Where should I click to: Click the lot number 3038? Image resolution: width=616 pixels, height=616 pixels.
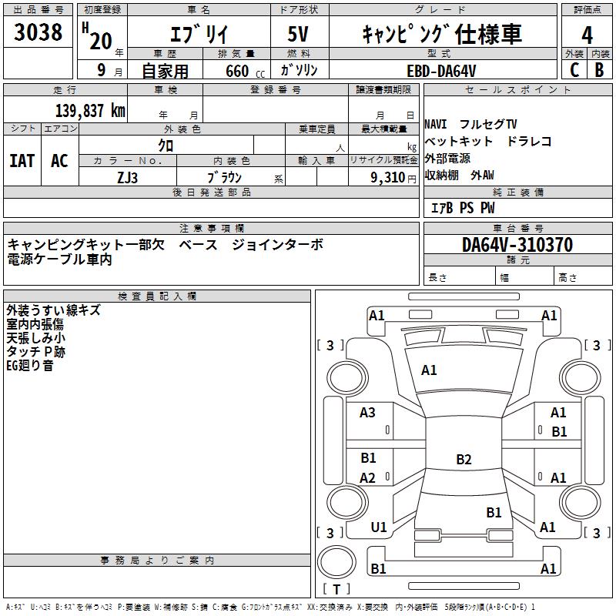[38, 33]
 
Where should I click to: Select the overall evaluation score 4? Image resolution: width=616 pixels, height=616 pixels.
[588, 35]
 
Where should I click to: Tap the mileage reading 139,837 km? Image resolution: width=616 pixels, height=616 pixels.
[90, 110]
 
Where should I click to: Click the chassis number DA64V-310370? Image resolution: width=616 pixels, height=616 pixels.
[517, 245]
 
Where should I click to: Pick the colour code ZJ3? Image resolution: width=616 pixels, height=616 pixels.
[127, 176]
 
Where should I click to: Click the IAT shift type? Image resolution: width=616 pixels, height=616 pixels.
[22, 161]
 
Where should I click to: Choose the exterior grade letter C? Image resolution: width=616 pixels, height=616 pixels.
[574, 70]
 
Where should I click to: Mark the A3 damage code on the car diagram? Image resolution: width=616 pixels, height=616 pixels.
[368, 413]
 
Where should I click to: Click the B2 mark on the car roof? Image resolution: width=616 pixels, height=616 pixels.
[464, 460]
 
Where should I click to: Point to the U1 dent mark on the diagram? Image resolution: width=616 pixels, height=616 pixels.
[379, 527]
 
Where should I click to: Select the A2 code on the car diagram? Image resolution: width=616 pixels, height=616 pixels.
[368, 478]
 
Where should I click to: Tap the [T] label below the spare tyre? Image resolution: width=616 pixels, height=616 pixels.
[336, 589]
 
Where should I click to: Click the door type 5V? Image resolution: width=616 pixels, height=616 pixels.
[299, 35]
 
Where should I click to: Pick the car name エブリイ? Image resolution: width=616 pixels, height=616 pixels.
[197, 35]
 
